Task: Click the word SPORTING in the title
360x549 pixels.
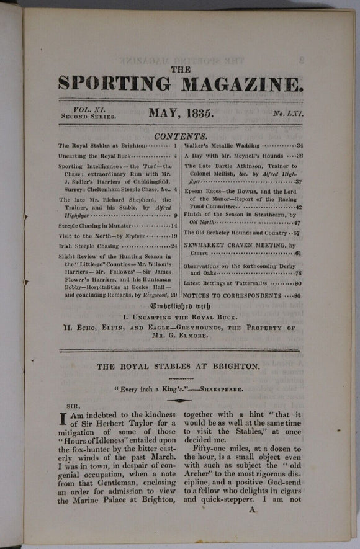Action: [x=114, y=83]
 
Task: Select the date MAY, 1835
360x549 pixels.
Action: [x=181, y=113]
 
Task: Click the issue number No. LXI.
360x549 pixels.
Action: [x=287, y=114]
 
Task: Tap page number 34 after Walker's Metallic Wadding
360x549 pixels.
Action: [x=300, y=145]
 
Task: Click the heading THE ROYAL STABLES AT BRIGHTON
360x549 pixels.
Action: [x=178, y=367]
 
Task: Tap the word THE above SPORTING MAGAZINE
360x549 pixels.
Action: [x=181, y=69]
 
